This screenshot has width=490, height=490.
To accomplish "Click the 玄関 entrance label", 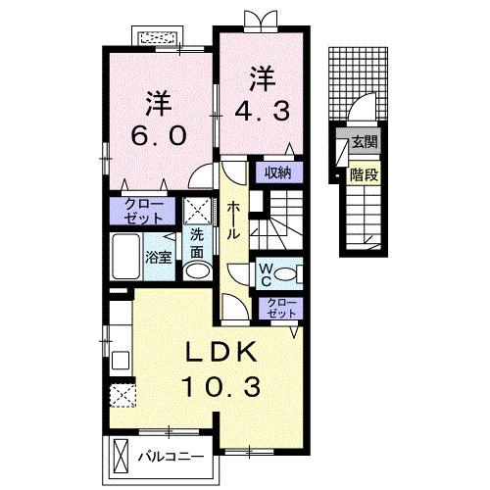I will point(365,142).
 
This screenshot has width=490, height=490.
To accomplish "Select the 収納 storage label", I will point(277,173).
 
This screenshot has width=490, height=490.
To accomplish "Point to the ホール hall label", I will point(235,221).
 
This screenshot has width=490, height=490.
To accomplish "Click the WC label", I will point(266,273).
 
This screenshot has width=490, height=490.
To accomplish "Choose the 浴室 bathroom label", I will point(159,258).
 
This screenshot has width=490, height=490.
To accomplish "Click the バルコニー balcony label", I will point(169,457).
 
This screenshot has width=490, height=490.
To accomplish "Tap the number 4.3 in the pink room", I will point(262,111).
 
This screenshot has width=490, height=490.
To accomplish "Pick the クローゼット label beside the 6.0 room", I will point(143,210).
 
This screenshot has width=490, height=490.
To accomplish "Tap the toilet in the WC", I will point(293,273).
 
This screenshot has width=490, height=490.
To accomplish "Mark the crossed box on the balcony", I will point(121,456).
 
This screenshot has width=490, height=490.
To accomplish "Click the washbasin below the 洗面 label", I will point(197,270).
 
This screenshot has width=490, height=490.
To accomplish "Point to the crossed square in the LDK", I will point(122,395).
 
